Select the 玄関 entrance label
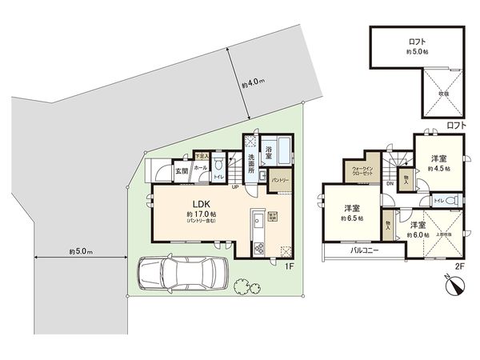[182, 170]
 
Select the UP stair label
[235, 188]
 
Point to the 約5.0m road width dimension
[78, 253]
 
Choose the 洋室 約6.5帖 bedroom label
[350, 212]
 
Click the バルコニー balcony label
[364, 250]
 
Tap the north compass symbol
[453, 284]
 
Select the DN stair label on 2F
[389, 184]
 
